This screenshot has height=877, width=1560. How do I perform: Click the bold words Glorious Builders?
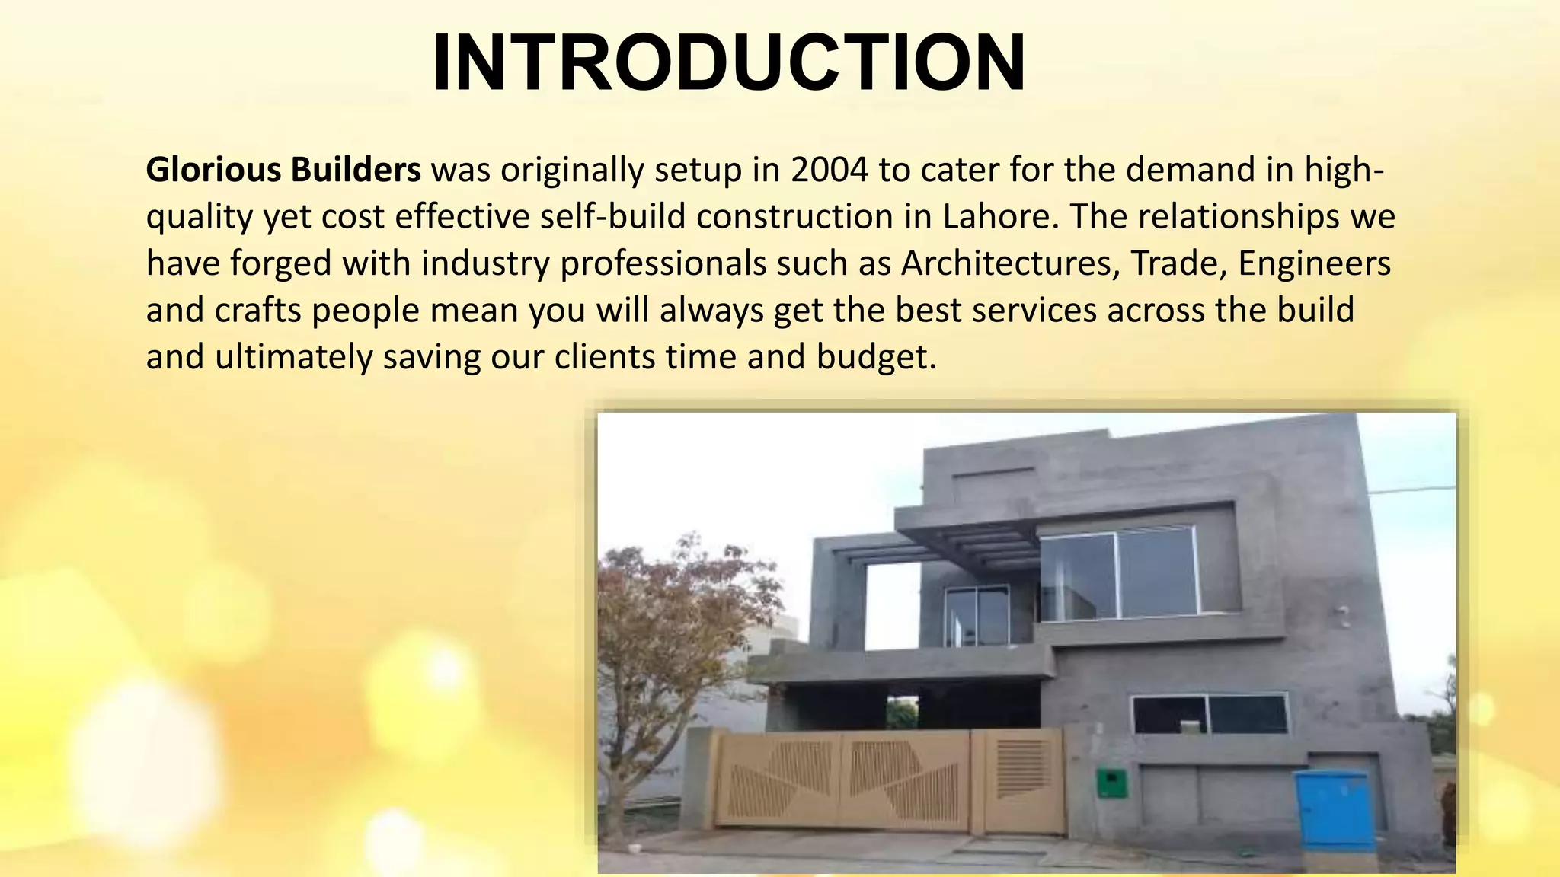(x=283, y=170)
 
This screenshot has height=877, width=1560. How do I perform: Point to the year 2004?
(x=830, y=170)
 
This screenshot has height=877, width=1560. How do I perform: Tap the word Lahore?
(x=1000, y=217)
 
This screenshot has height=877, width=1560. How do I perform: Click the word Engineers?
(x=1314, y=263)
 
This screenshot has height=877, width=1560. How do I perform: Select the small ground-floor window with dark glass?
(x=1209, y=714)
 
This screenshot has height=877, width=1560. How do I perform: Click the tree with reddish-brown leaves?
(x=670, y=639)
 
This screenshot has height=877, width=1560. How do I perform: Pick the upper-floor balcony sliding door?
(x=977, y=615)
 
